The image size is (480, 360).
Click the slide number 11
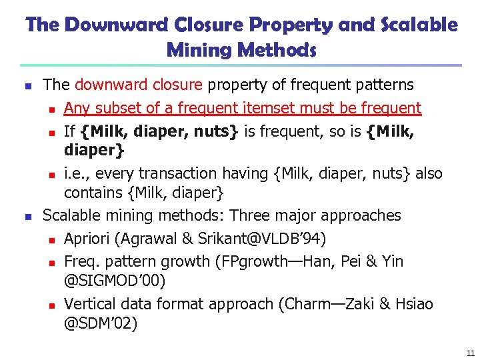pos(471,353)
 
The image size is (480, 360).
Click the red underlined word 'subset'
pos(113,108)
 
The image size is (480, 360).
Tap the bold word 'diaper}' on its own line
pos(94,151)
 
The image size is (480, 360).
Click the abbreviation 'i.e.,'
pos(77,173)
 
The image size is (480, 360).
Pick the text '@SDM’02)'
pos(101,324)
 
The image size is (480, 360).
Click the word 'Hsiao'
pos(413,304)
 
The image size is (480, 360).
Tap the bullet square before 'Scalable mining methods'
pos(27,216)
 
